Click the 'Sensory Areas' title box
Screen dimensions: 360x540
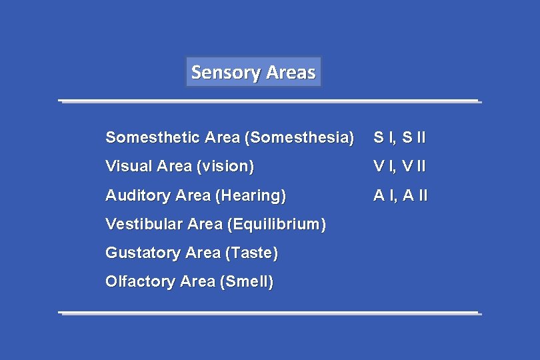(253, 72)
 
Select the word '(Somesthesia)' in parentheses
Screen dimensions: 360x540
(299, 138)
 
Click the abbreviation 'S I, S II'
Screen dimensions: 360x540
(399, 138)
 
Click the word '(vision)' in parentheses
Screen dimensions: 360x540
(225, 167)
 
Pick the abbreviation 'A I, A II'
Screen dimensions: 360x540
(401, 195)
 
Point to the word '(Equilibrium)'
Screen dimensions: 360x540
(277, 224)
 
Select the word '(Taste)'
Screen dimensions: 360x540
(252, 253)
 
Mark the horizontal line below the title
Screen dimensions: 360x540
(269, 101)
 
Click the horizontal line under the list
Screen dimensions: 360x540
(269, 312)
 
